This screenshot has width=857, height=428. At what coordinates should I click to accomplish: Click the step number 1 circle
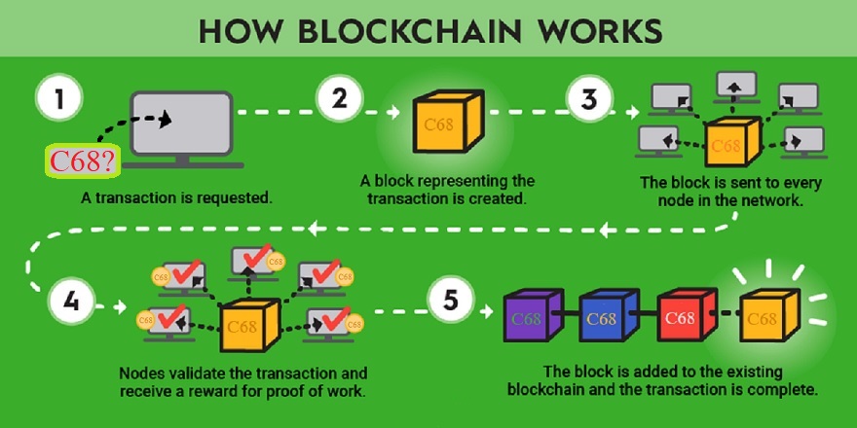point(60,100)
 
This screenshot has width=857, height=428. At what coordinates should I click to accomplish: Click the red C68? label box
point(83,161)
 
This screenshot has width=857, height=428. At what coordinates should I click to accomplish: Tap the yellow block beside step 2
point(442,125)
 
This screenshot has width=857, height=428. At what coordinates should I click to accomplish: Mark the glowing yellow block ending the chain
point(766,318)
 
